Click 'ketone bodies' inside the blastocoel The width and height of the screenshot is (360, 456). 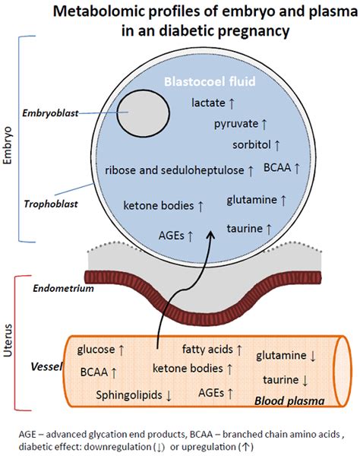point(159,205)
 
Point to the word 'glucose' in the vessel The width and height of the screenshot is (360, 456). point(96,350)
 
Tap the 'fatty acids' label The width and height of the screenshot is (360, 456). point(207,349)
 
